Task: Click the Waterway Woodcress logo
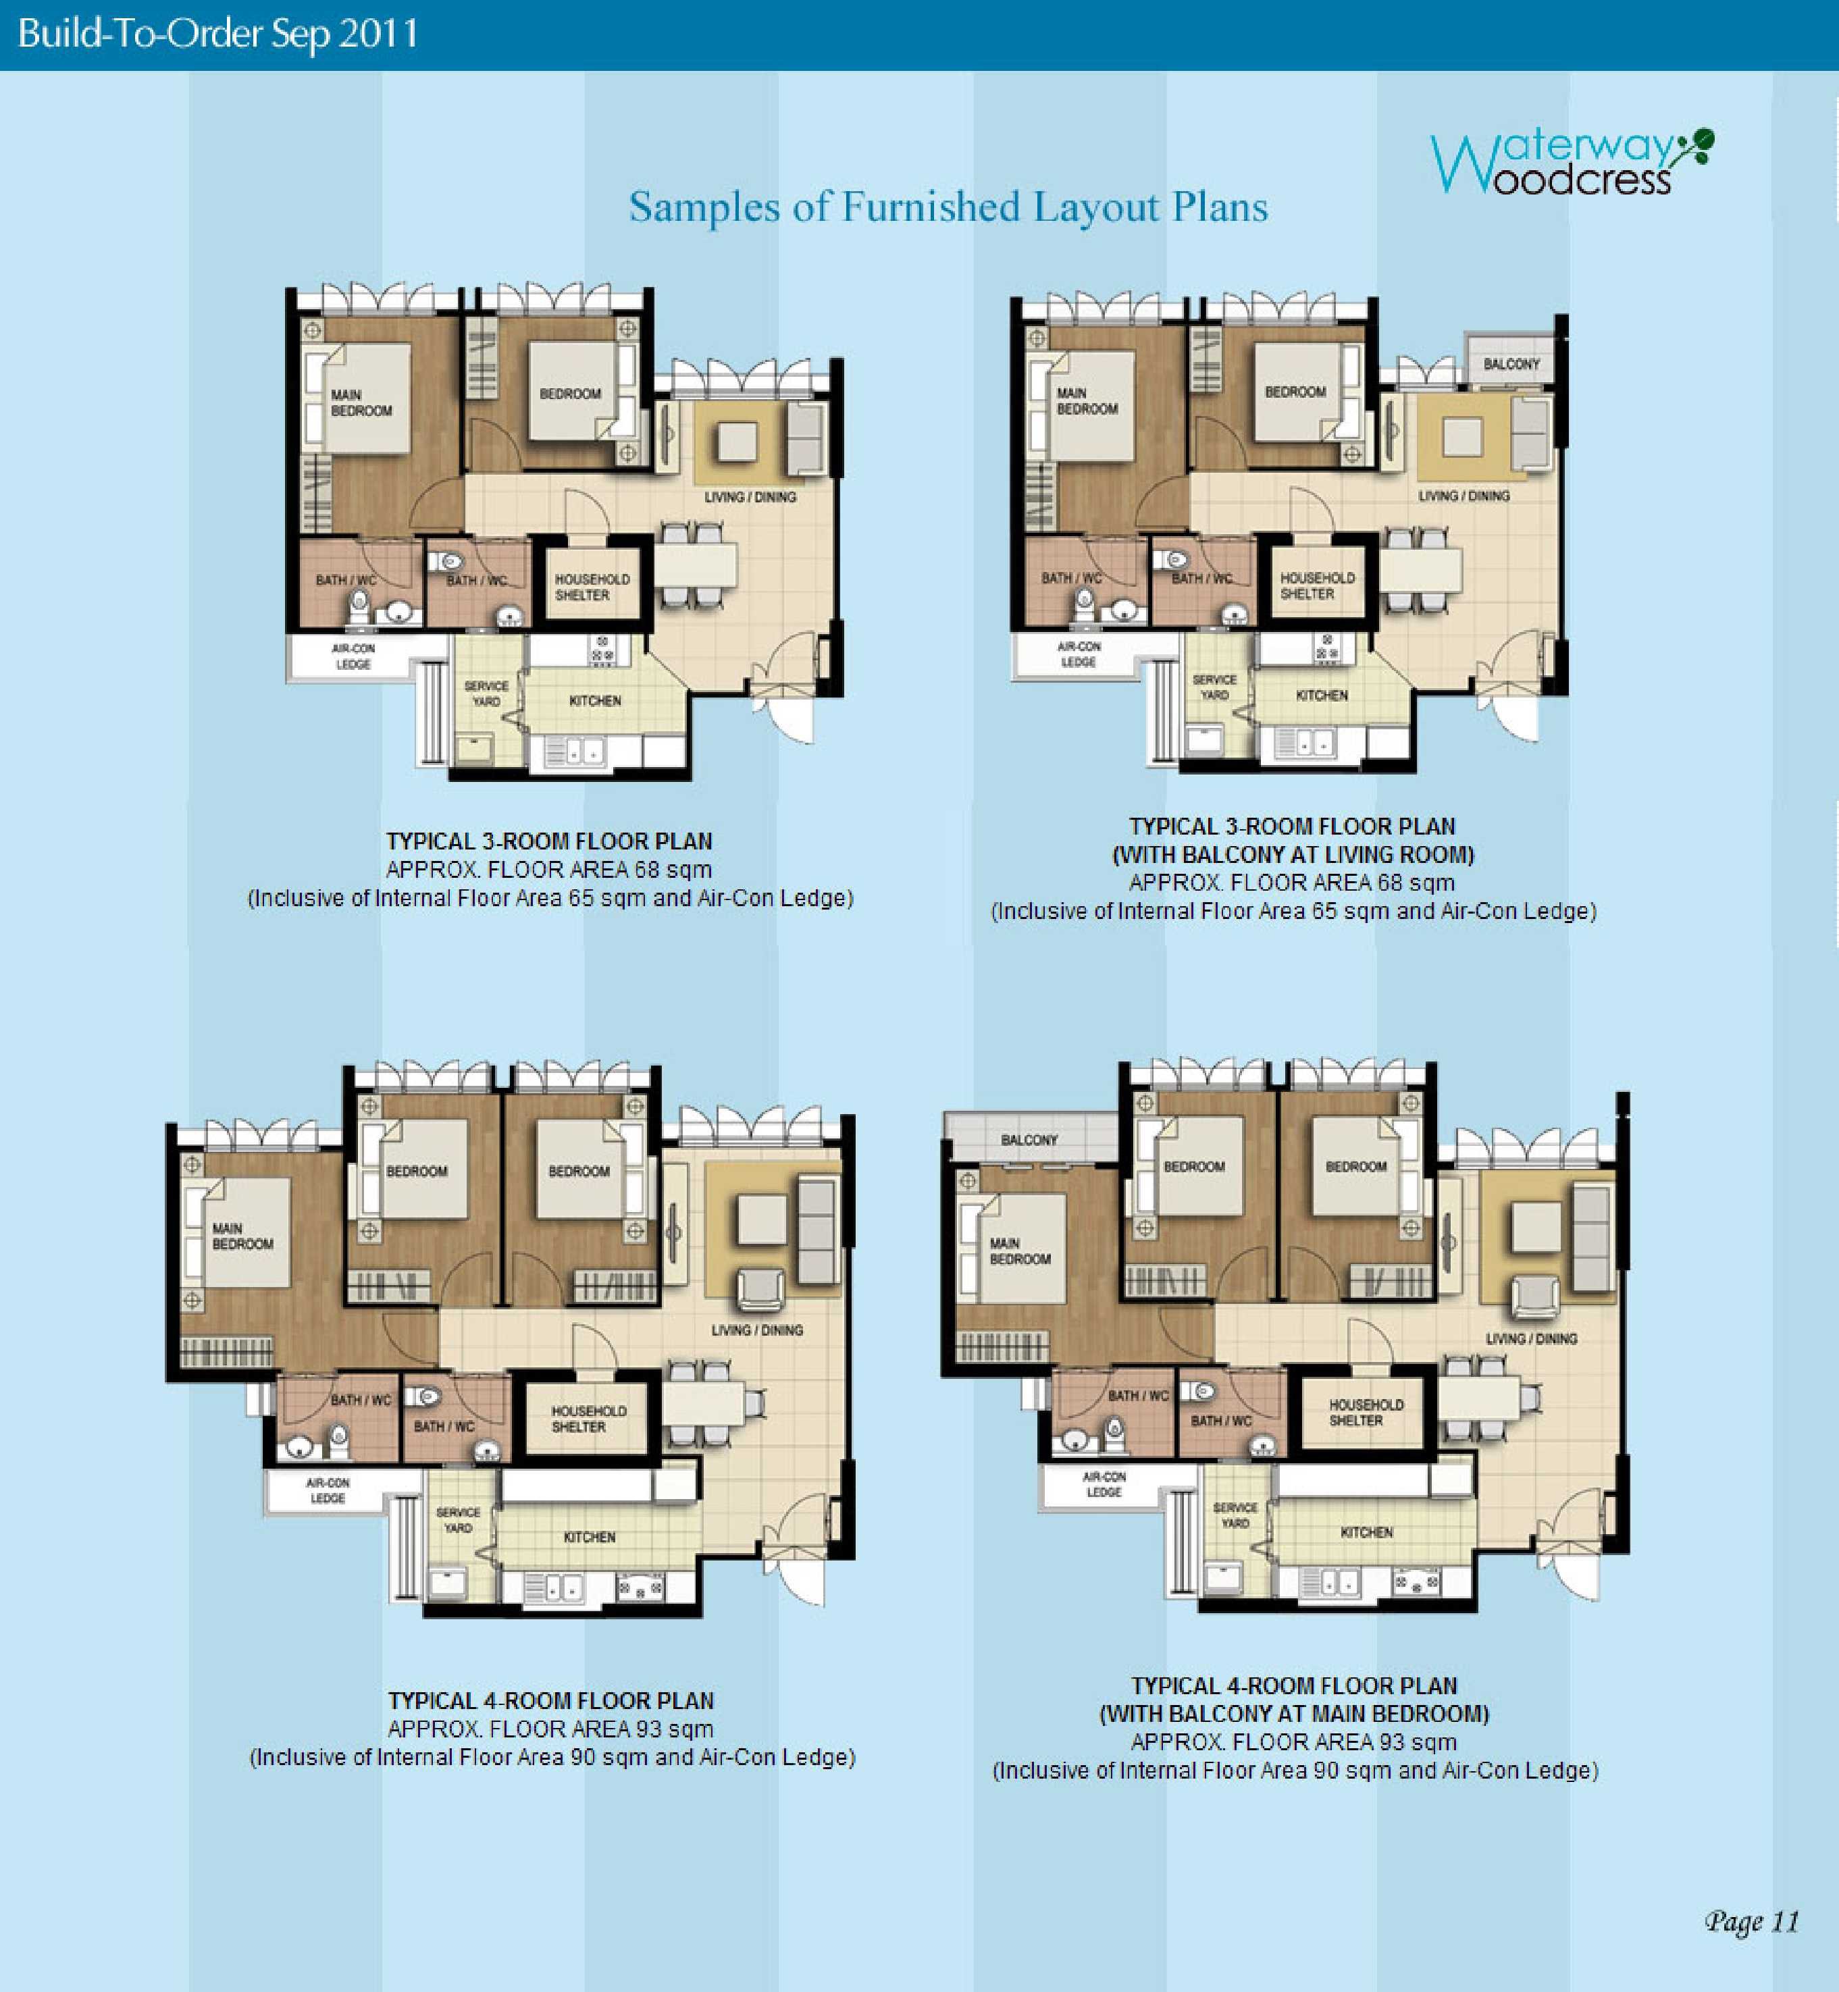tap(1572, 161)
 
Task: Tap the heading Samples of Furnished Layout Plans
tap(948, 207)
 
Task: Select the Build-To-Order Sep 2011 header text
tap(218, 34)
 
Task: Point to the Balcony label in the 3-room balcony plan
tap(1511, 364)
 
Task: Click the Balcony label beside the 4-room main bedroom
tap(1029, 1139)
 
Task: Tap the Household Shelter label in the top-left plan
tap(592, 587)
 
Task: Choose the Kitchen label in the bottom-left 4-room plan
tap(589, 1538)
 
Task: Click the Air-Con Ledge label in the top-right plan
tap(1079, 654)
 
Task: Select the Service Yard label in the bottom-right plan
tap(1235, 1515)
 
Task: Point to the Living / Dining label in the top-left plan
tap(750, 496)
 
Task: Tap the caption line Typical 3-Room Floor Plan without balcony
tap(549, 841)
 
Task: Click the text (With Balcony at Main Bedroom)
tap(1294, 1713)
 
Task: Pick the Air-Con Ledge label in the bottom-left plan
tap(328, 1490)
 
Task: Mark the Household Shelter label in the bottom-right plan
tap(1366, 1412)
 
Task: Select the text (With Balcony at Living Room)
tap(1293, 855)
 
